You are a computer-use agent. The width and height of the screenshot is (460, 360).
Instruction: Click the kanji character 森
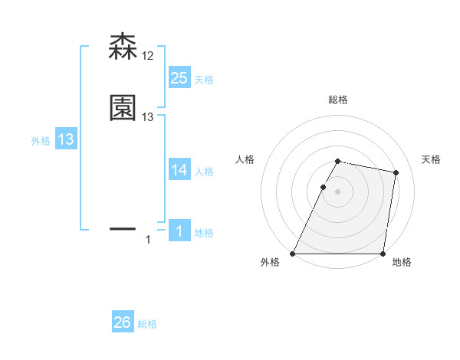click(x=123, y=47)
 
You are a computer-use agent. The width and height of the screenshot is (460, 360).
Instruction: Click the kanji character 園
click(x=123, y=108)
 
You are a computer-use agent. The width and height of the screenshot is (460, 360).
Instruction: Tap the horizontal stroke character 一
click(x=123, y=228)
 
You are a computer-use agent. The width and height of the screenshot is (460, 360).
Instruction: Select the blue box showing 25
click(x=179, y=77)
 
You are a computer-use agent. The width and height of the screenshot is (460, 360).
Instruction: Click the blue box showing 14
click(x=179, y=170)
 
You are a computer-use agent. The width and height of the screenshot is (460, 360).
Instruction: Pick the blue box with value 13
click(x=66, y=139)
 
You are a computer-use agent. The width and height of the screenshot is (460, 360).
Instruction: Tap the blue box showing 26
click(x=123, y=322)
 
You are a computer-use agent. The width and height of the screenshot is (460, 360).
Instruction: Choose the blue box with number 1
click(x=179, y=231)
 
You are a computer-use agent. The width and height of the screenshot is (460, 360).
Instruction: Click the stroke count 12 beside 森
click(x=148, y=56)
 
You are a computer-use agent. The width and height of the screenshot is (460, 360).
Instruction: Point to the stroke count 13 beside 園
click(x=148, y=117)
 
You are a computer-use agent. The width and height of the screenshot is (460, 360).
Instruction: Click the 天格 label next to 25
click(x=204, y=80)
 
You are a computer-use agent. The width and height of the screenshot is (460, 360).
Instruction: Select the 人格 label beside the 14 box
click(x=204, y=172)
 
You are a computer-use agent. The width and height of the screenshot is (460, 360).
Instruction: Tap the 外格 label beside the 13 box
click(x=41, y=141)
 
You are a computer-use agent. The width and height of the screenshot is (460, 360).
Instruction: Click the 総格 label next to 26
click(x=147, y=324)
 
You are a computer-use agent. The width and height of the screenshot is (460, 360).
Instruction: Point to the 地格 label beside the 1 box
click(x=204, y=233)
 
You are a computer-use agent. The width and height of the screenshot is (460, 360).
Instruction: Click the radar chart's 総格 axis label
click(x=338, y=100)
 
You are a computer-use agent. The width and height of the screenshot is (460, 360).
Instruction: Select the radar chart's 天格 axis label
click(x=431, y=159)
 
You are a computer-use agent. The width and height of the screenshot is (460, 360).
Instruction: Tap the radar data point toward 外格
click(x=293, y=254)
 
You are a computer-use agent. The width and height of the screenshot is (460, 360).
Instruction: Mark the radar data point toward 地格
click(x=383, y=254)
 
